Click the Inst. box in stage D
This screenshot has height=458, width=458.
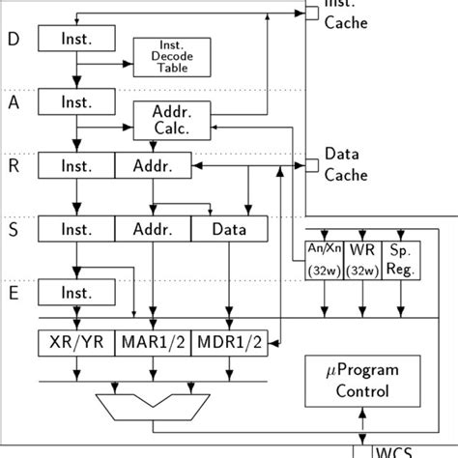tap(76, 39)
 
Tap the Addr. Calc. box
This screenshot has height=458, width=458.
tap(171, 118)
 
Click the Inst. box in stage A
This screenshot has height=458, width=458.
tap(76, 101)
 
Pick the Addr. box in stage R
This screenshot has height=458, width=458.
tap(153, 166)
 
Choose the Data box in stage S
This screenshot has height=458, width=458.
tap(229, 229)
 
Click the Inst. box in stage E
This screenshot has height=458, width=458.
tap(76, 292)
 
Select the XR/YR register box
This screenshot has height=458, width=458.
tap(76, 341)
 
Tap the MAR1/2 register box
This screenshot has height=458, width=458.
tap(153, 341)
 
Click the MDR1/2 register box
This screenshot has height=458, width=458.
tap(229, 341)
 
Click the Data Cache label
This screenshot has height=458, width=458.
tap(344, 164)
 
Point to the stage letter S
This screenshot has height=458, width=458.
tap(13, 229)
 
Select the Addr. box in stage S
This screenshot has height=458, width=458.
tap(153, 229)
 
